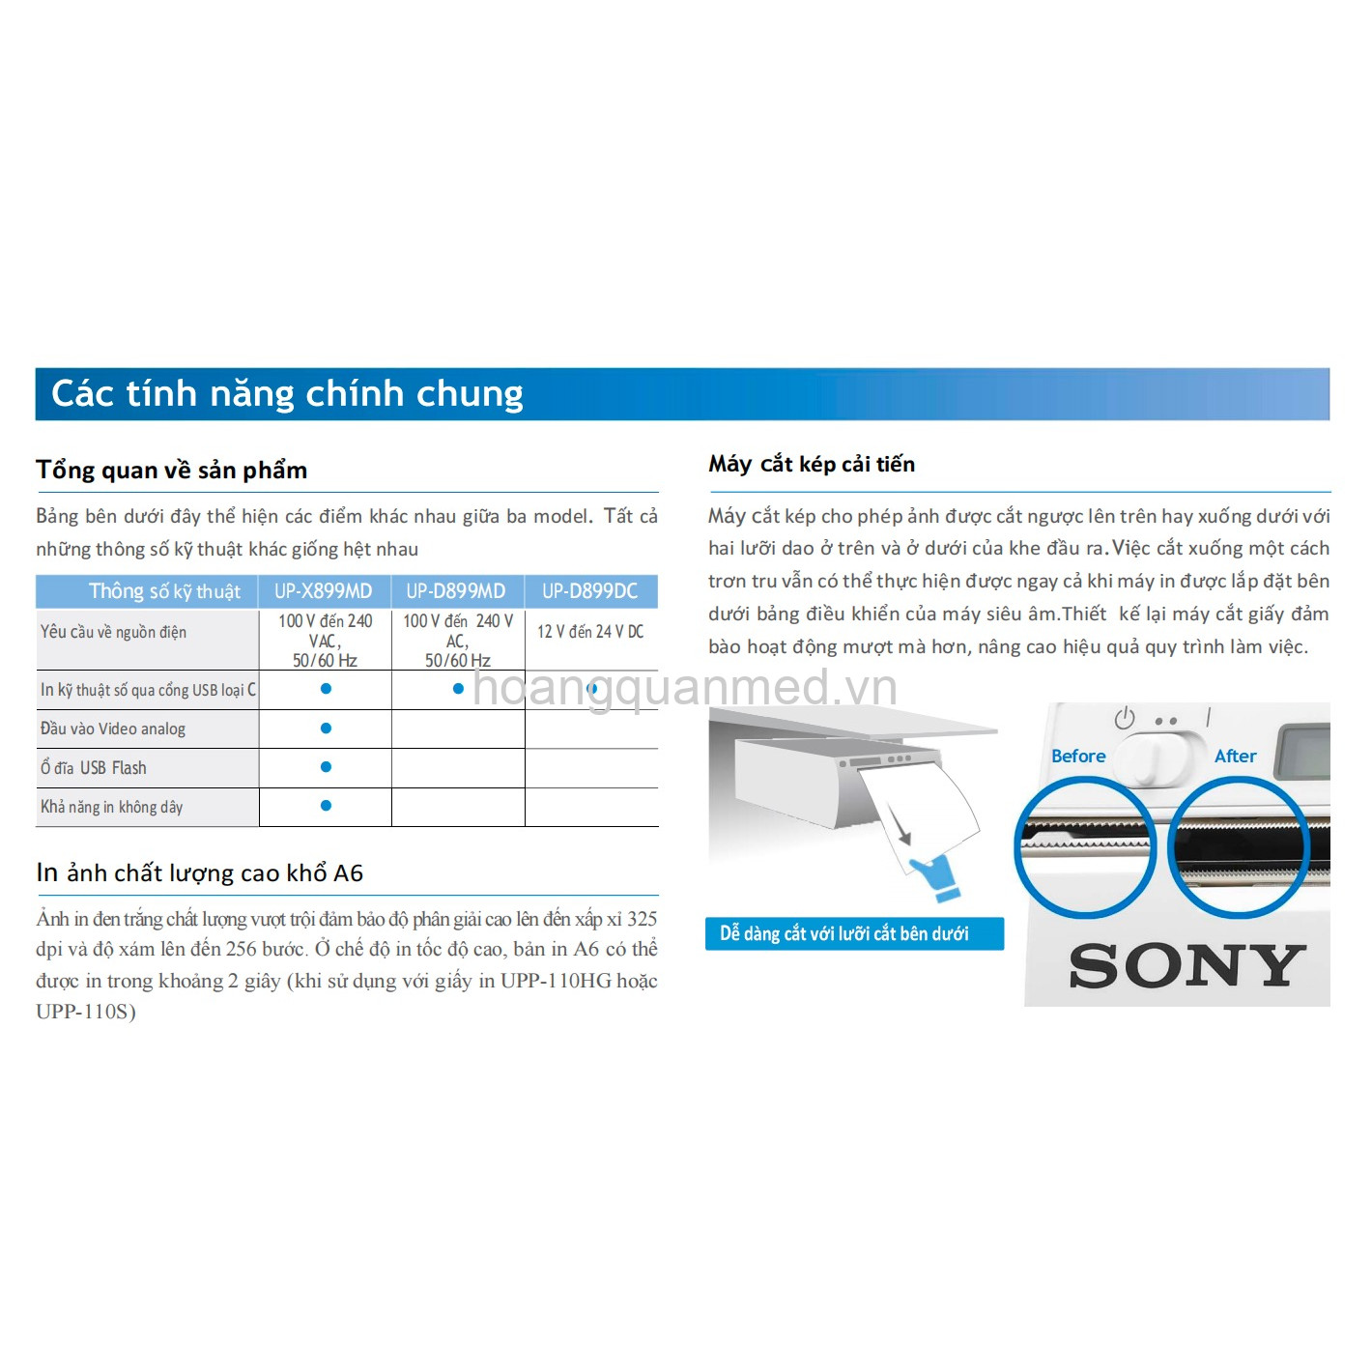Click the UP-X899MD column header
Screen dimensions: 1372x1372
[324, 591]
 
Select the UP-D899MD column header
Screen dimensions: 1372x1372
[456, 591]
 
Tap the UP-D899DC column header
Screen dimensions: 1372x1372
[589, 591]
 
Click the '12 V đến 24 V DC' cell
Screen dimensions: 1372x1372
[590, 632]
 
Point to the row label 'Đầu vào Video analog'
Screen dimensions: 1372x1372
[112, 729]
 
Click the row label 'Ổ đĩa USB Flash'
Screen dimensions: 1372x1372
[94, 767]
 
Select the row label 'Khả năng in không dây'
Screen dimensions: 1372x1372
[112, 807]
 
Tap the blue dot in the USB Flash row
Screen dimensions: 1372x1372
[326, 767]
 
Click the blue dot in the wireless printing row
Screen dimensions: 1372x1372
[326, 805]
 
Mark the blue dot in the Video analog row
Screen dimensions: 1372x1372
[326, 728]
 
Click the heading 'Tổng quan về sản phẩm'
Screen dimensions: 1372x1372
[172, 471]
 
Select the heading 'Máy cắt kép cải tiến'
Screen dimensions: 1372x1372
[812, 464]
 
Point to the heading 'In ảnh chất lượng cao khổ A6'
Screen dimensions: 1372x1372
[199, 872]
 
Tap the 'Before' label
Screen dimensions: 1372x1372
[1078, 757]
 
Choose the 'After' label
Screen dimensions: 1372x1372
[1236, 757]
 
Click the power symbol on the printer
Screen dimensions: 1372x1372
[1125, 718]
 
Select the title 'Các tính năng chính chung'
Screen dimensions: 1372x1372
[287, 394]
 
